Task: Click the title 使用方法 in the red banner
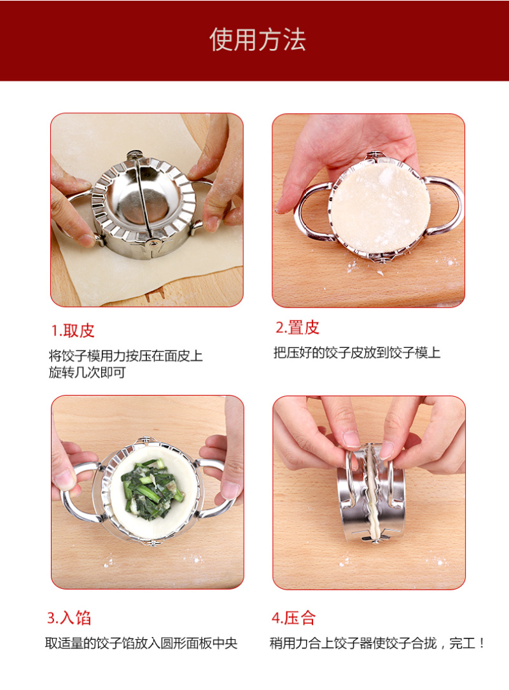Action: coord(258,40)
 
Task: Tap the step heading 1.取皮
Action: coord(73,331)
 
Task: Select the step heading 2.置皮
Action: coord(297,328)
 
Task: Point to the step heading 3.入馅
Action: coord(69,618)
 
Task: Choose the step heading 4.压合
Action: coord(293,618)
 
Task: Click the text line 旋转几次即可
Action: coord(87,373)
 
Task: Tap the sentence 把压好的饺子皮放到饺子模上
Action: coord(357,352)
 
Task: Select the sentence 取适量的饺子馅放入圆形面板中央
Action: coord(141,644)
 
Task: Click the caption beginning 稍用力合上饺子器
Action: coord(377,644)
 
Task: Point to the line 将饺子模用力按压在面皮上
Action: coord(125,355)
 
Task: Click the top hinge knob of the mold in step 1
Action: coord(135,156)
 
